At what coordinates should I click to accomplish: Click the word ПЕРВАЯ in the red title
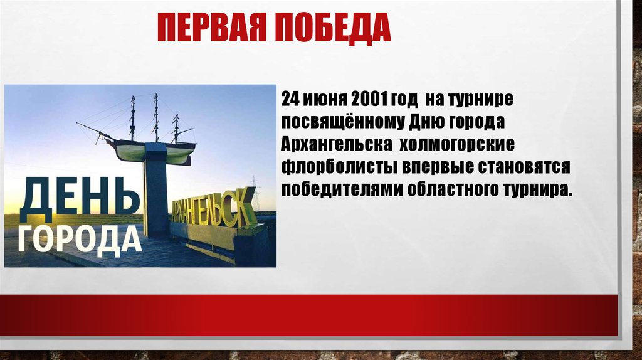[x=212, y=28]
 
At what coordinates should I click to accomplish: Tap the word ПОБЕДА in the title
[x=333, y=28]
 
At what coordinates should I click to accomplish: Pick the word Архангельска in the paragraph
[x=336, y=145]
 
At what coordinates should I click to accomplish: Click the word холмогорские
[x=456, y=145]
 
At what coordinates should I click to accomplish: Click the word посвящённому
[x=343, y=122]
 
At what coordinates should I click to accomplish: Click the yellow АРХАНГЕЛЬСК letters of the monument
[x=213, y=209]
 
